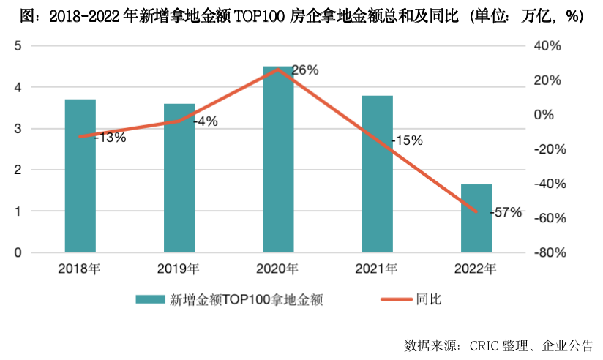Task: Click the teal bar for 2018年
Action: click(80, 176)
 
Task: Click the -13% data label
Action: click(110, 137)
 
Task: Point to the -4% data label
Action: click(205, 121)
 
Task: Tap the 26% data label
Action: click(305, 70)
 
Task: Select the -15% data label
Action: click(406, 140)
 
